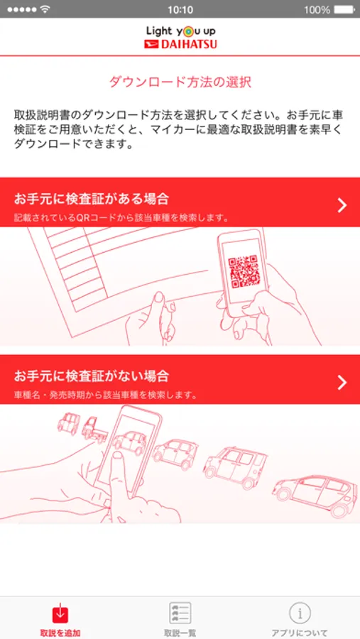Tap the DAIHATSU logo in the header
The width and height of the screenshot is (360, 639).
180,44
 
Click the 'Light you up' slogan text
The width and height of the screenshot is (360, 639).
180,31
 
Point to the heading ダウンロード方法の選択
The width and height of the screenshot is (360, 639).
180,82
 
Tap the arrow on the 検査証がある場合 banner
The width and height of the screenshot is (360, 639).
342,206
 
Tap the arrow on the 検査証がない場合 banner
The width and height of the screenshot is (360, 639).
342,382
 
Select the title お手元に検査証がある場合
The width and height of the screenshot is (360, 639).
92,200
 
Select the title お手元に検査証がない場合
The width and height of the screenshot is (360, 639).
92,376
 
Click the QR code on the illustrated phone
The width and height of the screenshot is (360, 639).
244,272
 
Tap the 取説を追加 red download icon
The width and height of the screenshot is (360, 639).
60,613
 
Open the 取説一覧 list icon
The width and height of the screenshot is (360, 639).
180,613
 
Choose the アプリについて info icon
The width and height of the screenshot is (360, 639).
300,613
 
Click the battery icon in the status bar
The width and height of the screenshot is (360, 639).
345,9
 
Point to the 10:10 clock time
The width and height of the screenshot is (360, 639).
180,9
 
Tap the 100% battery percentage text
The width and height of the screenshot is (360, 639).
317,9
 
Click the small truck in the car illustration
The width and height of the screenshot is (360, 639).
94,430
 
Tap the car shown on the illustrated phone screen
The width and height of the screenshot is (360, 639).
130,442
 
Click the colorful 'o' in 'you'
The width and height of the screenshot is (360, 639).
185,32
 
